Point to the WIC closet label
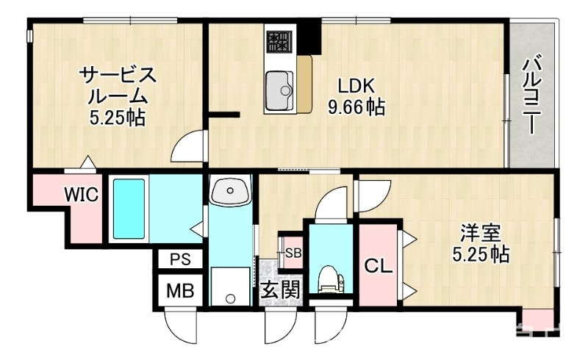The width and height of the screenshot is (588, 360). (80, 195)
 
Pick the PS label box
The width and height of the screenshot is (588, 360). (179, 259)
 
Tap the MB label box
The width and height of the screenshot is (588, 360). (179, 289)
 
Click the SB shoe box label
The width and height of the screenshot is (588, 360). (293, 253)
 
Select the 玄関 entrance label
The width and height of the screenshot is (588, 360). (280, 289)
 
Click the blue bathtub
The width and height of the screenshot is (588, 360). (128, 209)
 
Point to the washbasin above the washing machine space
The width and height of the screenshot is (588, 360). (230, 192)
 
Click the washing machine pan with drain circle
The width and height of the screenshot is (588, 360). (229, 287)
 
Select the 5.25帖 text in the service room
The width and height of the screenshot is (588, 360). (117, 118)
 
